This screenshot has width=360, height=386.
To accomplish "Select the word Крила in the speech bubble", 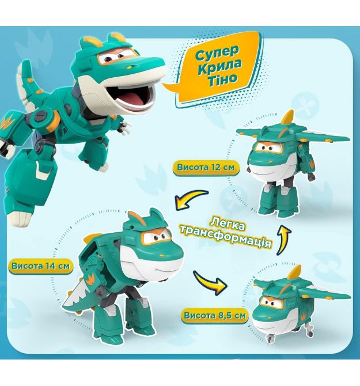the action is coord(219,66).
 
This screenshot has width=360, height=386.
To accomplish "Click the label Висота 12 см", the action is coord(206,168).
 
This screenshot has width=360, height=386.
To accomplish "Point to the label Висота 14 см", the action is coord(40,266).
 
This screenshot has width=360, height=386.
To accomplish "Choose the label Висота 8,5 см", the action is coord(215,315).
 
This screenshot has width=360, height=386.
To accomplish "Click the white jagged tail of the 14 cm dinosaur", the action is coord(74,298).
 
